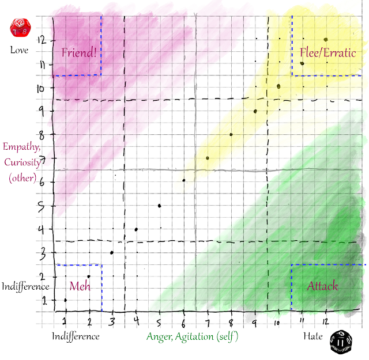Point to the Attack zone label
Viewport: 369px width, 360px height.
coord(322,286)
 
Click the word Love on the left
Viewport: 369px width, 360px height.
coord(19,50)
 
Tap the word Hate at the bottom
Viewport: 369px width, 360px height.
coord(314,336)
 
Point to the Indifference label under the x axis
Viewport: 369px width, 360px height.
coord(76,336)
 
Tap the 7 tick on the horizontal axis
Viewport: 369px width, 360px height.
coord(207,321)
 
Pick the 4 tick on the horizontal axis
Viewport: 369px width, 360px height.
coord(136,321)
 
